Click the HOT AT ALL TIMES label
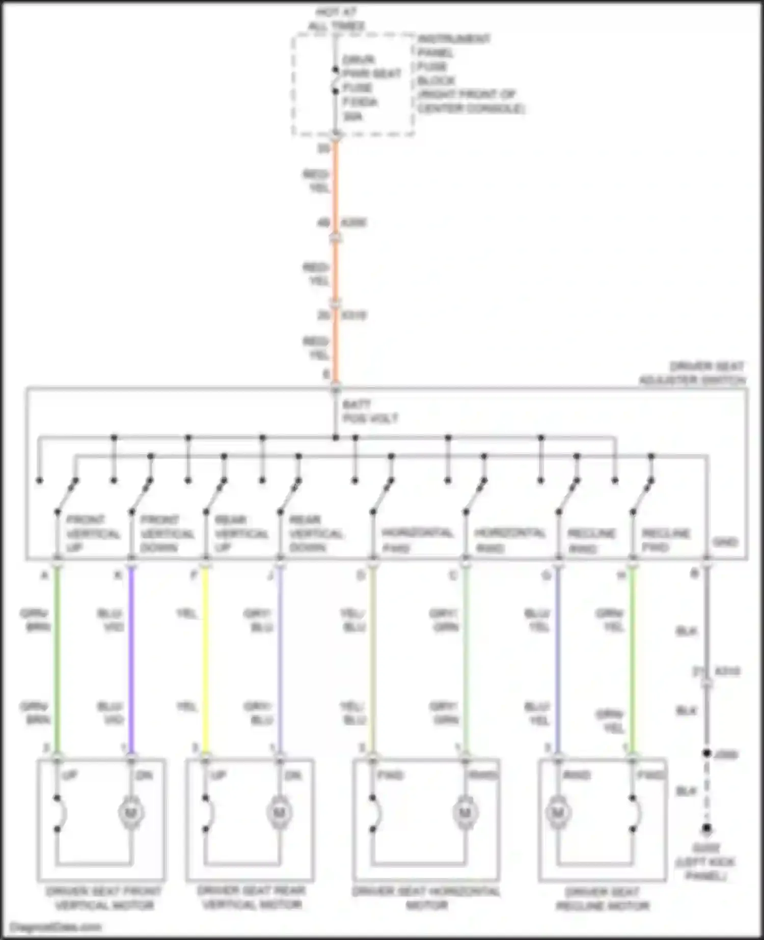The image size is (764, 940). pos(336,18)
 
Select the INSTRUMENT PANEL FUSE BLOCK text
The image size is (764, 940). pos(453,60)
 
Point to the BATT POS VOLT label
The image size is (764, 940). pos(370,411)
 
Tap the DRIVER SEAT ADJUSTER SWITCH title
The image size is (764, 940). pos(693,373)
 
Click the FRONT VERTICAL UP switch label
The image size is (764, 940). pos(93,533)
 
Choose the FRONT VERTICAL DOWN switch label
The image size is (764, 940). pos(167,533)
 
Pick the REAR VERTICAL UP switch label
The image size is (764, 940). pos(241,533)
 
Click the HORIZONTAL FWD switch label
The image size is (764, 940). pos(417,540)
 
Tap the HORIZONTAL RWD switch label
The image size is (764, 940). pos(509,540)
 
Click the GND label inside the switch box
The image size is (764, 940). pos(725,542)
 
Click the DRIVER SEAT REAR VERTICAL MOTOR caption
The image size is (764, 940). pos(252,897)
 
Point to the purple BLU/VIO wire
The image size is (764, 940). pos(131,662)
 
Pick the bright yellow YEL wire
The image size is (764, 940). pos(205,662)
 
